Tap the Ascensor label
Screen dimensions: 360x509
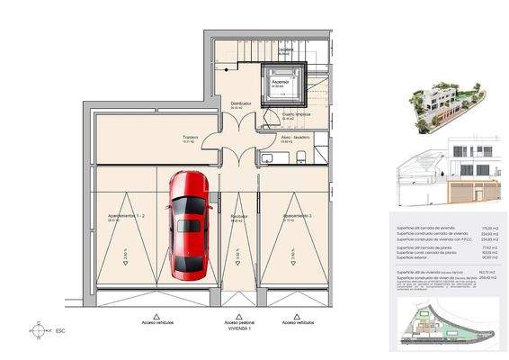281,81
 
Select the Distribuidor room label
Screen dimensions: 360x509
240,104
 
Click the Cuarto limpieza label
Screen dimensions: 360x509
297,115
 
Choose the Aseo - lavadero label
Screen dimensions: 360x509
295,137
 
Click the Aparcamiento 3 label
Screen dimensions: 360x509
298,217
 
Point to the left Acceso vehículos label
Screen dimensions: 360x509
158,321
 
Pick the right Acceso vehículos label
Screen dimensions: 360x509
298,321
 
